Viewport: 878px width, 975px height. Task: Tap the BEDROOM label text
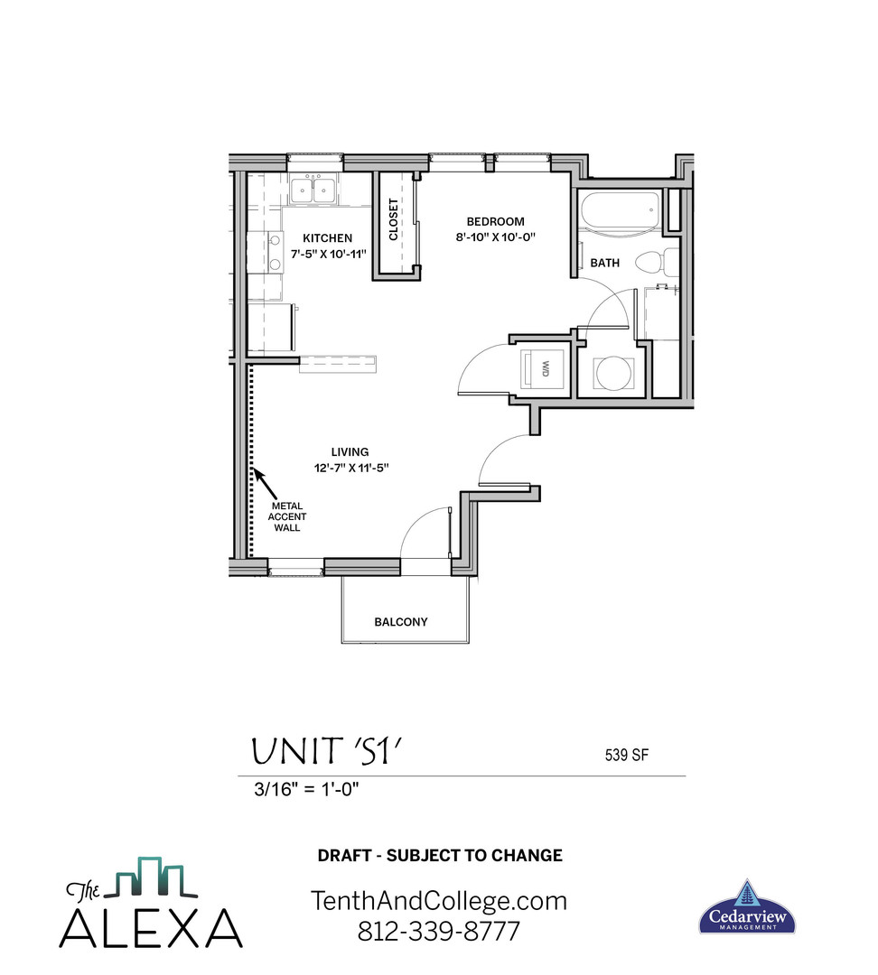pos(495,221)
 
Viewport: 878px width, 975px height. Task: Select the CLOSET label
pos(394,219)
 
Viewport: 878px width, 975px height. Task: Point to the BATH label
pos(604,263)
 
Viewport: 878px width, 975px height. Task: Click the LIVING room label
pos(350,452)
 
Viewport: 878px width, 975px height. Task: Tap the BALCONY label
pos(401,622)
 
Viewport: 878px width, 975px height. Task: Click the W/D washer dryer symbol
pos(545,368)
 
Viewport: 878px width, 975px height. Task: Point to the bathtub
pos(620,211)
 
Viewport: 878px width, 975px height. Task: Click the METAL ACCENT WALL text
pos(287,516)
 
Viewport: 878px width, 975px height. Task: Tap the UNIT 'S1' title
pos(325,752)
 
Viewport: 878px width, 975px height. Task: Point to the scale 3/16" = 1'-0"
pos(308,788)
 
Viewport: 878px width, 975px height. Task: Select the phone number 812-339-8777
pos(439,930)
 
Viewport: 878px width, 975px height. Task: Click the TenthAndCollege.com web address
pos(439,900)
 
